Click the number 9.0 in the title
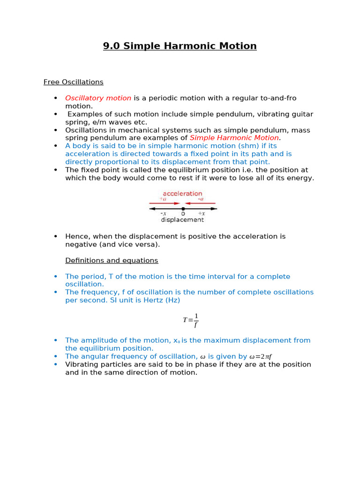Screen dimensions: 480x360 [112, 46]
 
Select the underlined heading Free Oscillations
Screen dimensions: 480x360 [73, 82]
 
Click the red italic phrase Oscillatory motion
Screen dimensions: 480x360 [98, 98]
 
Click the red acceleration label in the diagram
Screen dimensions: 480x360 [182, 194]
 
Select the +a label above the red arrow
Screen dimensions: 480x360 [163, 199]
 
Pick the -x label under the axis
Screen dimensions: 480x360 [163, 214]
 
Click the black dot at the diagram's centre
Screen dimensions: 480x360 [183, 208]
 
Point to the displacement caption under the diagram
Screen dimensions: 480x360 [182, 219]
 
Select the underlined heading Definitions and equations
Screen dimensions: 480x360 [112, 260]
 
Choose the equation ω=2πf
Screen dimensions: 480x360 [261, 357]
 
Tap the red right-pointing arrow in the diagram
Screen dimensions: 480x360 [164, 203]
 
